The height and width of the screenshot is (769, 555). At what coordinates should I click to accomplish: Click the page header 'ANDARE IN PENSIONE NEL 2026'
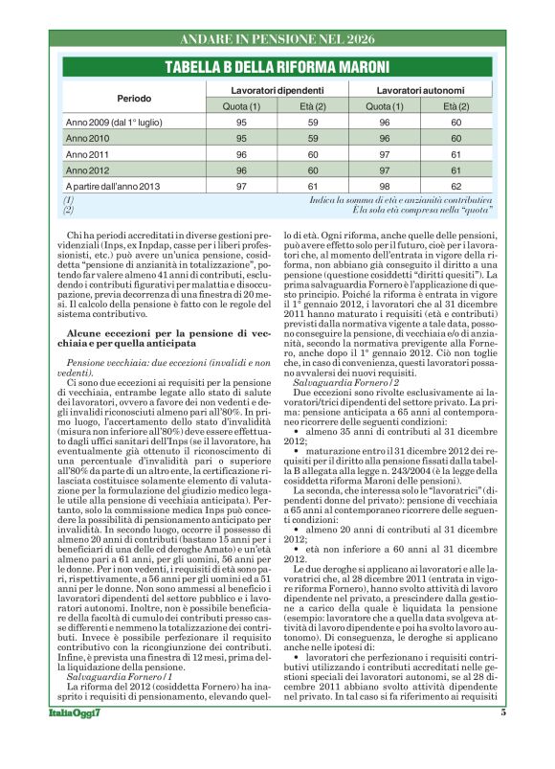tap(277, 39)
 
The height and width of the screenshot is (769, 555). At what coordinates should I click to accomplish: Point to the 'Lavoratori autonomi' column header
tap(420, 88)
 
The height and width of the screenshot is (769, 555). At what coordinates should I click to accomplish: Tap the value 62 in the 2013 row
tap(456, 185)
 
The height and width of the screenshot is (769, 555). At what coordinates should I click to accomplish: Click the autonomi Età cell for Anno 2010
tap(456, 138)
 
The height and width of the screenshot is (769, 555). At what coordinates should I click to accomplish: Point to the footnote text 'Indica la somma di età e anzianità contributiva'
tap(402, 199)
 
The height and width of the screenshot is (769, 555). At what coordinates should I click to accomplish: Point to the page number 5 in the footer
tap(501, 739)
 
